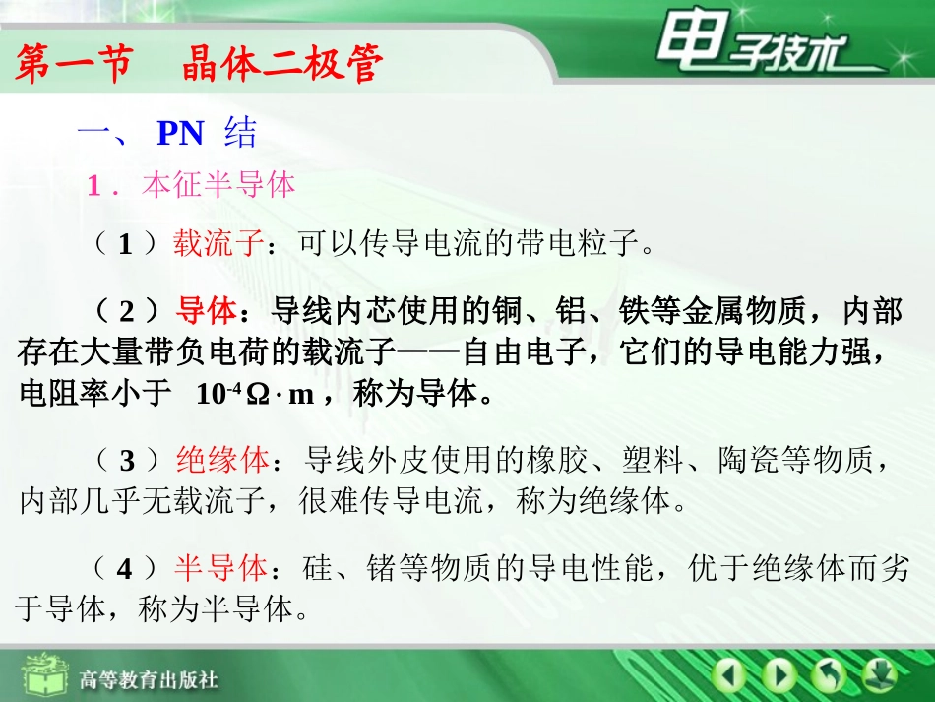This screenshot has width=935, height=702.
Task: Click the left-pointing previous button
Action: [728, 675]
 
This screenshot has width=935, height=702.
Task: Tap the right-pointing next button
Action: [779, 675]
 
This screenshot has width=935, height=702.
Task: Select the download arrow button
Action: [877, 675]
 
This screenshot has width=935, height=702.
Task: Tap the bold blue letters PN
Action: [180, 133]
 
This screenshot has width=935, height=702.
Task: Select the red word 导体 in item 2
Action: [207, 311]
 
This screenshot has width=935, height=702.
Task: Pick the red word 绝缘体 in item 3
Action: [222, 459]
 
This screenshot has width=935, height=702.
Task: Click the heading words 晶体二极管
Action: [281, 65]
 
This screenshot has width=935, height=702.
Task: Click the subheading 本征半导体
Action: [218, 185]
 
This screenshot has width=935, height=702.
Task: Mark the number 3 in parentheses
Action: [125, 460]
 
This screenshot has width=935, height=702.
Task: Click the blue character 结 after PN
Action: [240, 133]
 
